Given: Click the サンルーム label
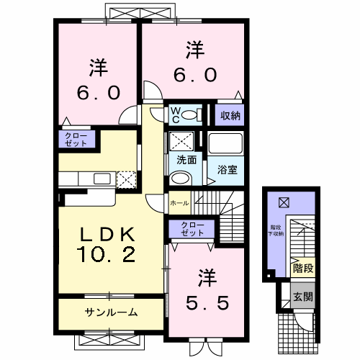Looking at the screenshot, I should click(x=112, y=312).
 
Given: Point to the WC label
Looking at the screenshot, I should click(x=175, y=115).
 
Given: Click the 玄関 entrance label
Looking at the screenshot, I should click(x=302, y=294).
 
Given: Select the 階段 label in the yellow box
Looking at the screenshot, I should click(x=302, y=269).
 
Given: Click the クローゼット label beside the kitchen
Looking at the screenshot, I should click(x=74, y=139).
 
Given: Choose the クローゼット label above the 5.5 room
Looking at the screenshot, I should click(x=192, y=230).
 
